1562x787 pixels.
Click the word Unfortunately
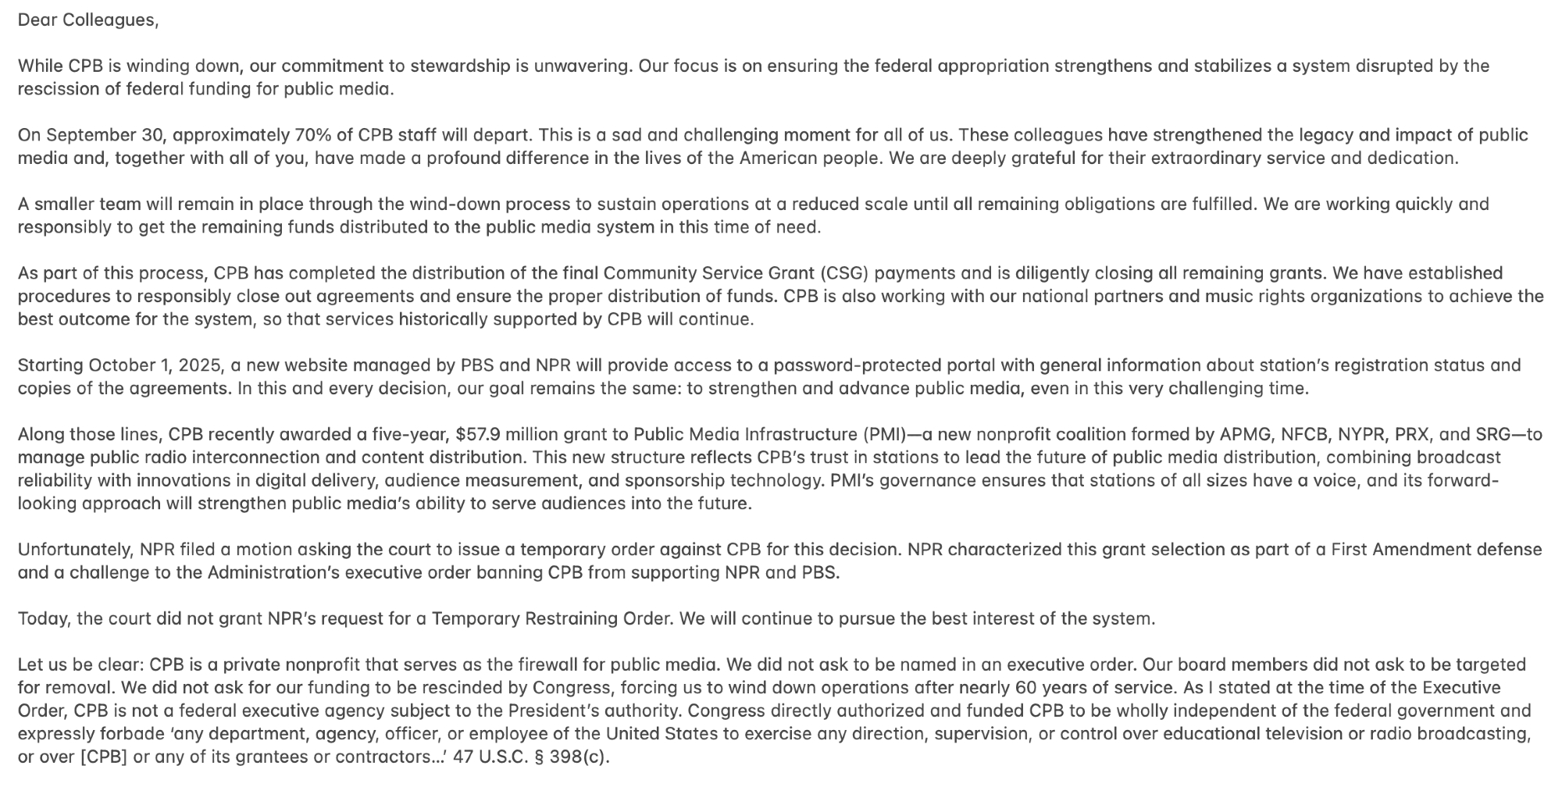(75, 550)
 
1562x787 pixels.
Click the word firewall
(547, 665)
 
